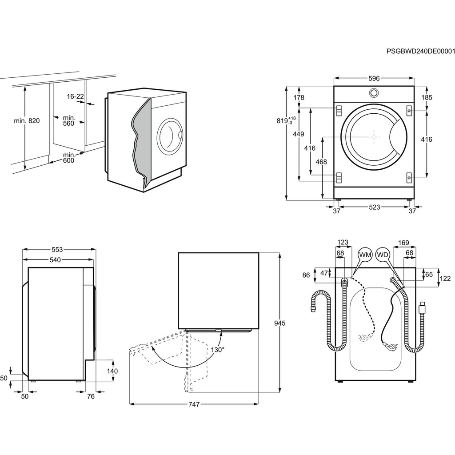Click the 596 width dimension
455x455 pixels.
pos(374,79)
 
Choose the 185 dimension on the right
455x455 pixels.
pos(427,97)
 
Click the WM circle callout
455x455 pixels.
pos(365,255)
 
